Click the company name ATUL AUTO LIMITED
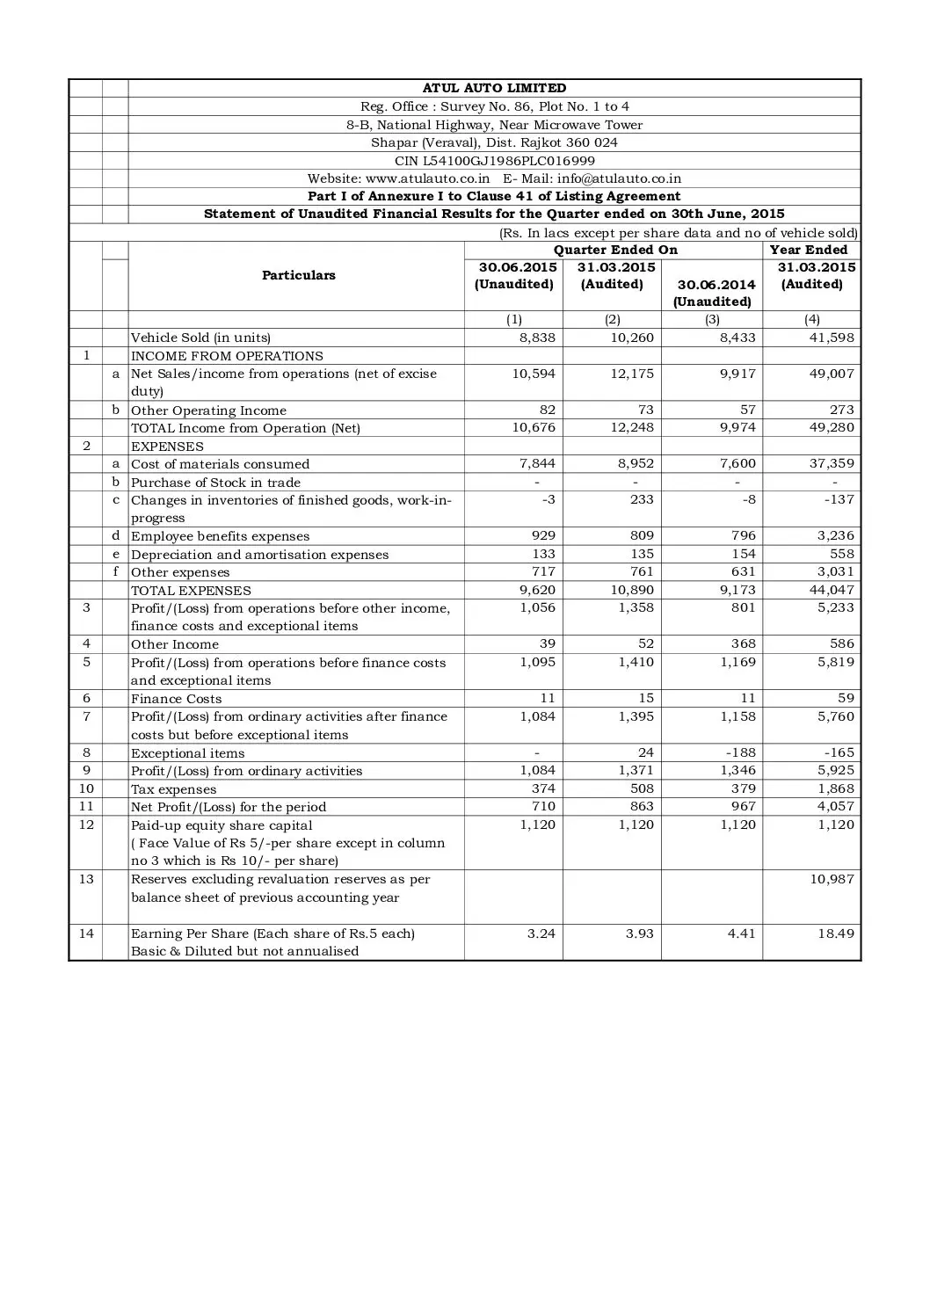click(494, 88)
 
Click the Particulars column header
click(299, 275)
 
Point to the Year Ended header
click(809, 250)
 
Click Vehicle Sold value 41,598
click(831, 338)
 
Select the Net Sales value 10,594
click(534, 374)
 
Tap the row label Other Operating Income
click(208, 410)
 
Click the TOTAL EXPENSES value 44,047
click(831, 590)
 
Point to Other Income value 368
click(742, 643)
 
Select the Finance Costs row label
click(176, 699)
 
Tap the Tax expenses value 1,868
click(834, 788)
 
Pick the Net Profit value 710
click(542, 806)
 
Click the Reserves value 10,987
click(831, 879)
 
